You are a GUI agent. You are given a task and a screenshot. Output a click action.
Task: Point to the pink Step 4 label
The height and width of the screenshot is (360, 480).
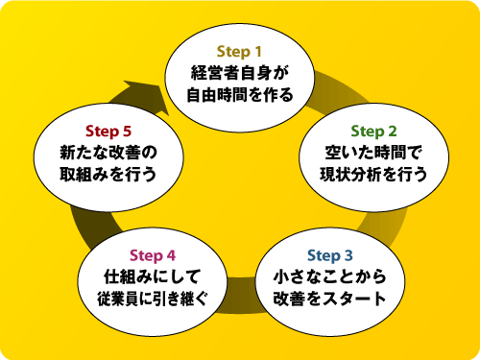[x=153, y=254]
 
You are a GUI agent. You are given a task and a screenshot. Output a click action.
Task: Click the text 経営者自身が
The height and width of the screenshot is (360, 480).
[x=239, y=72]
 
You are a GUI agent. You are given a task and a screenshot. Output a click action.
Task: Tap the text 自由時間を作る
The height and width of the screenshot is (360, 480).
[x=239, y=94]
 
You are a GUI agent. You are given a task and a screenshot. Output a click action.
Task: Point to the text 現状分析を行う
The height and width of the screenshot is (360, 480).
[x=373, y=176]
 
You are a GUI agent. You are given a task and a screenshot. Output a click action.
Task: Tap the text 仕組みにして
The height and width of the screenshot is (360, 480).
[x=153, y=277]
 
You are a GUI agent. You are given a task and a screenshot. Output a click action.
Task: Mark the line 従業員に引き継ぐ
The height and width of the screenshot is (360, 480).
[x=153, y=300]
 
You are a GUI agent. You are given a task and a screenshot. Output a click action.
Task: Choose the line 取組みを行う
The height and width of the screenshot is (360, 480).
[x=108, y=176]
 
